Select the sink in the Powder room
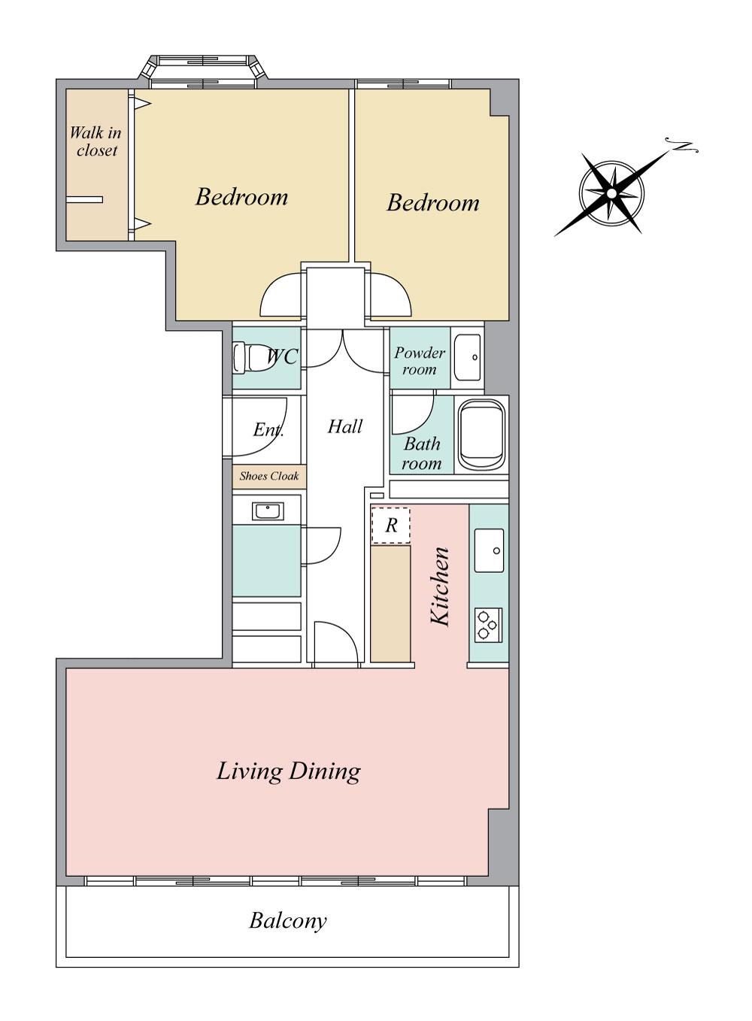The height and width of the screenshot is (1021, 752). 468,357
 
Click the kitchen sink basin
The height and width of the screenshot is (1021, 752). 489,550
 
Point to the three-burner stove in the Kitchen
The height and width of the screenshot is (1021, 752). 488,626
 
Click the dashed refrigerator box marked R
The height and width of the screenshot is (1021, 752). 391,526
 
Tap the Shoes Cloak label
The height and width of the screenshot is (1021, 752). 269,477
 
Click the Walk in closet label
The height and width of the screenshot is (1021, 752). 96,141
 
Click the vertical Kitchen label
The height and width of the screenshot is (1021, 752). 441,586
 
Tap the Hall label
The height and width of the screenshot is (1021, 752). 344,426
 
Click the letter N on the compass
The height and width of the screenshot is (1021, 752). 682,145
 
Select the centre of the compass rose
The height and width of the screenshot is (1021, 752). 611,194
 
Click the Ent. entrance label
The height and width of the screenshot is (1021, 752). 268,429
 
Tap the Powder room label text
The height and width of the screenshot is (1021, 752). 420,361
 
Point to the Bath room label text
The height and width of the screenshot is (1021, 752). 422,453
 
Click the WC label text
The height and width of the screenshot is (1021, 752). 283,356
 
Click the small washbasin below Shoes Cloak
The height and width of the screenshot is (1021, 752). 268,511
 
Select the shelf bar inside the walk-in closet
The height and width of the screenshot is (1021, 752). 84,199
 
